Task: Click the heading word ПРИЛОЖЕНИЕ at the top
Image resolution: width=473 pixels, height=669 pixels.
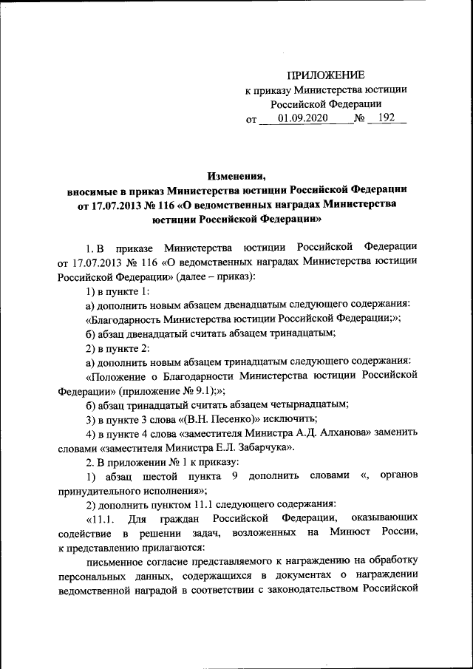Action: pyautogui.click(x=325, y=75)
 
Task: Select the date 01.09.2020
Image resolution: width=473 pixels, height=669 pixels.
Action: pyautogui.click(x=302, y=118)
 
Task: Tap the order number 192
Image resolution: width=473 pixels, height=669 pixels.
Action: pyautogui.click(x=386, y=118)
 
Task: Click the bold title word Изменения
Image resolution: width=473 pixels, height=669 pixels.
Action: pyautogui.click(x=236, y=176)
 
